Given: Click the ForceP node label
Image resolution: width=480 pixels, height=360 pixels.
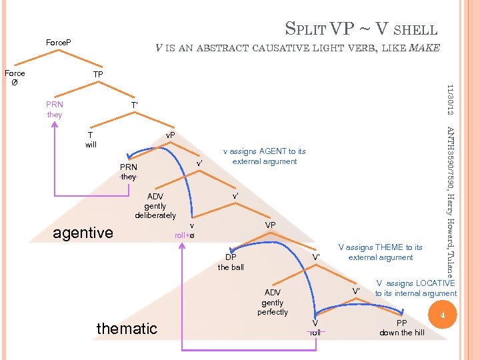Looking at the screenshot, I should coord(59,43).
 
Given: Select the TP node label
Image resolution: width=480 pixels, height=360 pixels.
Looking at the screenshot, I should coord(98,74).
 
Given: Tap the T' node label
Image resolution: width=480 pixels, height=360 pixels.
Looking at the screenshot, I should coord(134,105).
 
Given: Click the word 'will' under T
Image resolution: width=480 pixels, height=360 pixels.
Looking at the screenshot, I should coord(91,144).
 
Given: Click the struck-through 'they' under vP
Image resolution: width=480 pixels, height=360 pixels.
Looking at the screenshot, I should coord(129,177).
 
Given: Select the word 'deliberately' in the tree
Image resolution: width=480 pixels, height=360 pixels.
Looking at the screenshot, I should coord(155,215).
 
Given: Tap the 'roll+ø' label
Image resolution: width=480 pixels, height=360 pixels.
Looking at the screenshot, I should coord(184,235).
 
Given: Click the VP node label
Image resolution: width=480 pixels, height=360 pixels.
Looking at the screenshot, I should coord(271,226).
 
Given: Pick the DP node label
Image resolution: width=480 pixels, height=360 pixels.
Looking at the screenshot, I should coord(231,257).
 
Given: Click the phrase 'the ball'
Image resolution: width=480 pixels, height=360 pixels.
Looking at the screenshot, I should coord(231,267).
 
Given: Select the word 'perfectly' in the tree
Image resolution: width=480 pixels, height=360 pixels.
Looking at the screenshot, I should coord(273,312).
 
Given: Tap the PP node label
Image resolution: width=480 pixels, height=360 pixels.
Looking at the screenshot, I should coord(401,323).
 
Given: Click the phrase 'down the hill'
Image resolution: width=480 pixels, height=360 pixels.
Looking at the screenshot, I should coord(401,333).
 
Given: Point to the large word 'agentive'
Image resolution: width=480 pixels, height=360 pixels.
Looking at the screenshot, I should coord(83,233).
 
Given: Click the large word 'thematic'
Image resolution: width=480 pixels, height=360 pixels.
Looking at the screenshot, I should coord(127,328).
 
